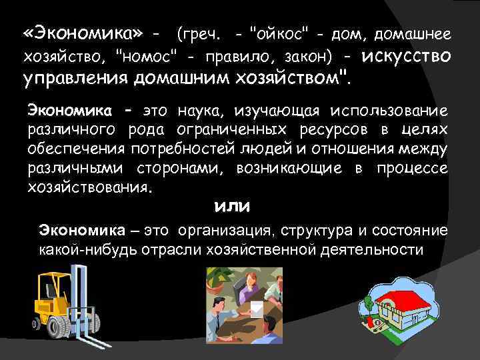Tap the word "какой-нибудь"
click(80, 250)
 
